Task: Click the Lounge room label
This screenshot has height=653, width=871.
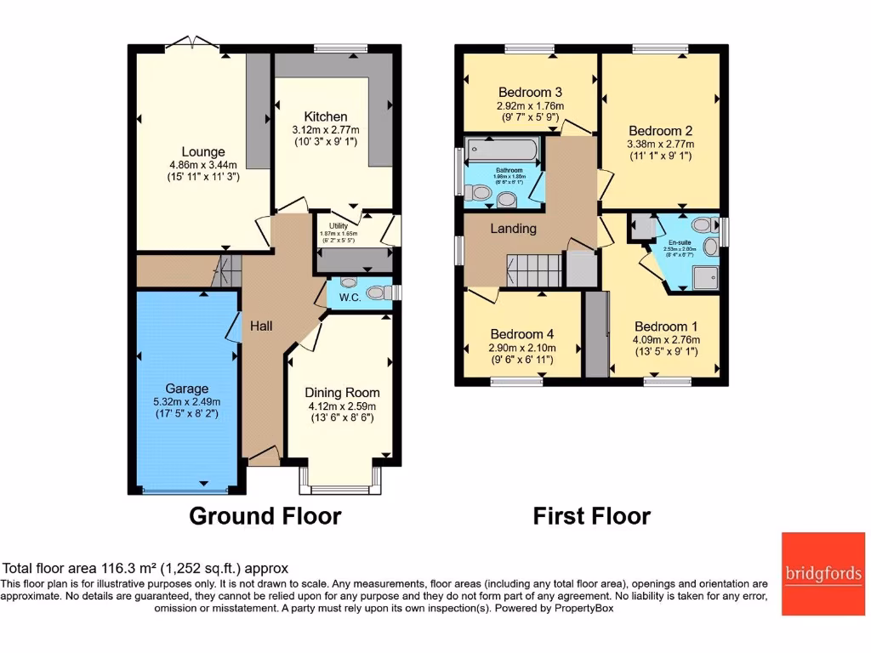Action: coord(202,152)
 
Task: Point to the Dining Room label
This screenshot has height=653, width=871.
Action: coord(343,393)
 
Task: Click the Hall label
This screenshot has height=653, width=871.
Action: coord(261,325)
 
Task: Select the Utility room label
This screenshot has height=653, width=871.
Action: coord(339,226)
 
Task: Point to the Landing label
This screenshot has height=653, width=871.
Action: coord(513,228)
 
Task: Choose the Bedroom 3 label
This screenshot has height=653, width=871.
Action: coord(530,92)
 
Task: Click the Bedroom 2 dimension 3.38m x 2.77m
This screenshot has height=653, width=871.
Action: coord(660,145)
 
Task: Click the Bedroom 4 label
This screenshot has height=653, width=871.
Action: coord(521,334)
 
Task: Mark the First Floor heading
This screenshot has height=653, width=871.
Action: coord(591,516)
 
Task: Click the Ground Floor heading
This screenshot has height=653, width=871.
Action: coord(265,516)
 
